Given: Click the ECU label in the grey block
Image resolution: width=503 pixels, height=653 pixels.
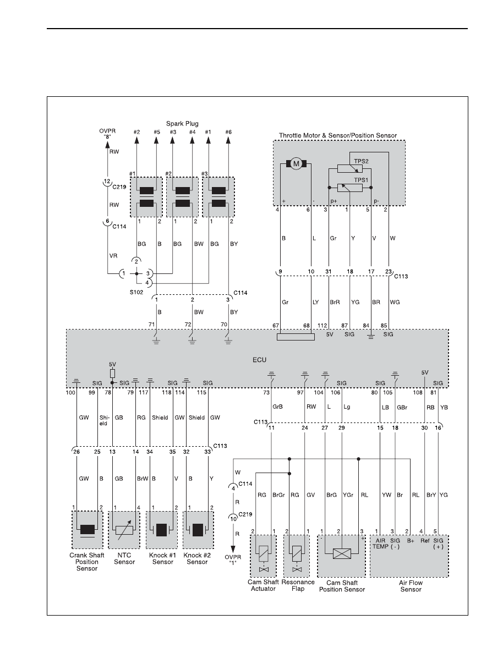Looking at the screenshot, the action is coord(259,360).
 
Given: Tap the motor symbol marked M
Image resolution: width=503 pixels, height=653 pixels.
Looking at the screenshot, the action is coord(296,164).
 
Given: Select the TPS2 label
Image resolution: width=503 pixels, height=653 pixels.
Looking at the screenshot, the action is coord(361,161).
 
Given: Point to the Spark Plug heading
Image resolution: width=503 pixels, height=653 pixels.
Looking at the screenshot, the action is coord(182,124).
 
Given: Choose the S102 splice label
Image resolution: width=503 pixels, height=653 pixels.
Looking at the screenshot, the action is coord(136,292).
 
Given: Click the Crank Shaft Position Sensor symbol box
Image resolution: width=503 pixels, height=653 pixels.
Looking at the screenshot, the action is coord(87,530).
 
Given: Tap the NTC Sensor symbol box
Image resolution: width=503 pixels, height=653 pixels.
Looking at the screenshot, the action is coord(124,530).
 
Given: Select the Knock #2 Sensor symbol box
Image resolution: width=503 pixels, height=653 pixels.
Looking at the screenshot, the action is coord(198,530).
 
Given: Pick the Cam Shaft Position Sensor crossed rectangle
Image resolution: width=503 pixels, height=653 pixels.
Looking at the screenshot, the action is coord(342,554).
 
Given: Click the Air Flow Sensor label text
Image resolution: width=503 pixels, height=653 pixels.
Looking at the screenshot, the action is coord(411,586).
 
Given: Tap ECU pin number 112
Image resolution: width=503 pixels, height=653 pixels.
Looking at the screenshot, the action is coord(322,325).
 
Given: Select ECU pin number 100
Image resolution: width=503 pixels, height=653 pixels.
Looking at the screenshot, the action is coord(70,393).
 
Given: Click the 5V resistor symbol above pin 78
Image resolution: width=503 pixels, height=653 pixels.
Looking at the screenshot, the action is coord(112,373).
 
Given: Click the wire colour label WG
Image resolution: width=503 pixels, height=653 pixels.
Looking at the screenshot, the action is coord(395,303).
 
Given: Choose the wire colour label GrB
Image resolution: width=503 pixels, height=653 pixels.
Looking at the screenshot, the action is coord(277,407).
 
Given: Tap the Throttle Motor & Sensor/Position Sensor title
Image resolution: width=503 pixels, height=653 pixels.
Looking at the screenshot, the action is coord(338,135).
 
